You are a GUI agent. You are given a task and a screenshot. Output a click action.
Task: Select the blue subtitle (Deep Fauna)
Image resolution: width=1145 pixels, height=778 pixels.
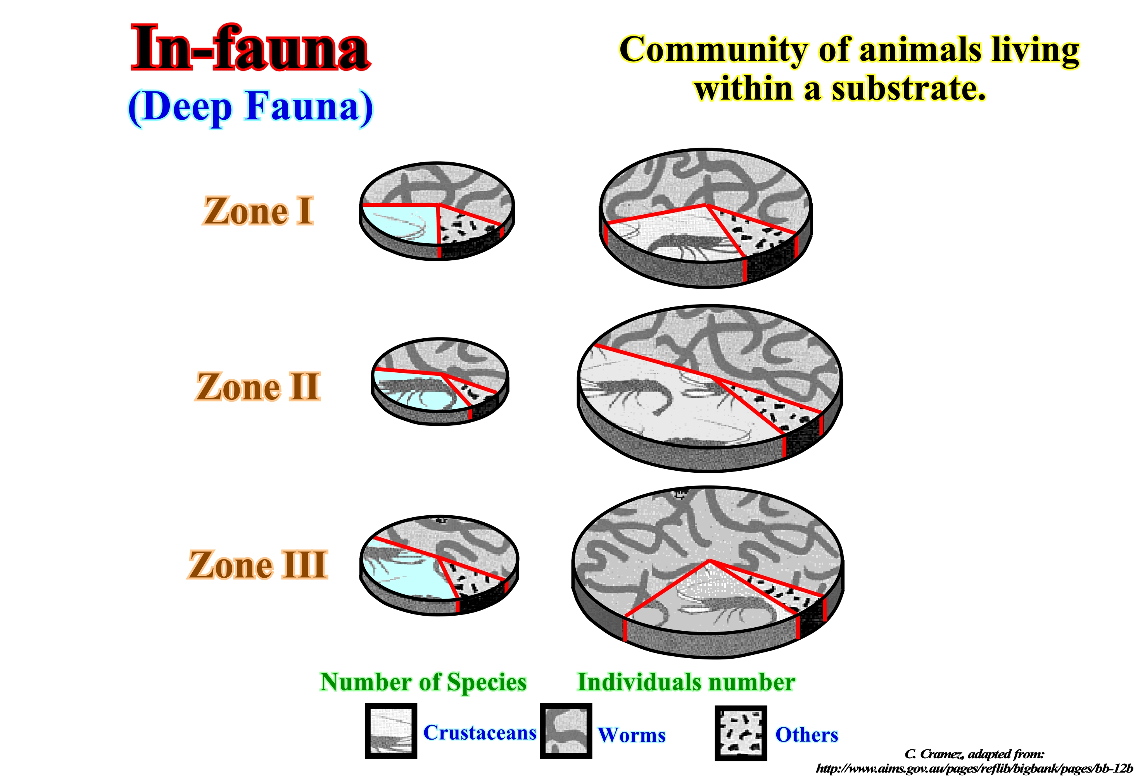click(250, 107)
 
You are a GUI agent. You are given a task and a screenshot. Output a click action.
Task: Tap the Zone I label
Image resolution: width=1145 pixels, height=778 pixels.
click(258, 211)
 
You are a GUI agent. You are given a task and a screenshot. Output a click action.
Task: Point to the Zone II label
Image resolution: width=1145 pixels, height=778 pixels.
click(258, 387)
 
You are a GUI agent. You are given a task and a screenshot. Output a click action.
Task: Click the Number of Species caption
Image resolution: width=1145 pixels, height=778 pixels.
click(423, 682)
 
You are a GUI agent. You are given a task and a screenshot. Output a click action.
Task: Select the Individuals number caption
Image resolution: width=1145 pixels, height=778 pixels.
click(686, 682)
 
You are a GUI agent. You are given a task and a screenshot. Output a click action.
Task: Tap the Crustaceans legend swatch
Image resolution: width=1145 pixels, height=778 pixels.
click(391, 731)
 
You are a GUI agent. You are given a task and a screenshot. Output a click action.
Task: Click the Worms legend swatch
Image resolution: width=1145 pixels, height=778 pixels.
click(566, 731)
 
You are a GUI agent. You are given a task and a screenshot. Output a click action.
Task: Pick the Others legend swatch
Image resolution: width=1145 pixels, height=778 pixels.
click(741, 733)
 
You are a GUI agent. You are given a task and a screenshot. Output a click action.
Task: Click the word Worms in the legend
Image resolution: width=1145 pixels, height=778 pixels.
click(632, 735)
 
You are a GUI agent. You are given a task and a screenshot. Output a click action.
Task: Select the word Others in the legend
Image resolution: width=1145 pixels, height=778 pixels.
click(807, 735)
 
